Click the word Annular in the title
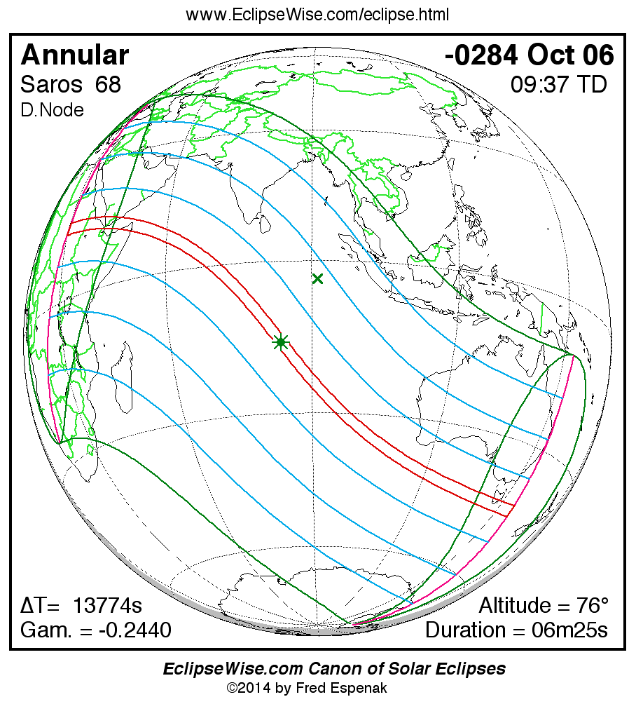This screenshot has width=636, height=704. (x=75, y=55)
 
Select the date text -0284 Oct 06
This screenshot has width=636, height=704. (x=529, y=55)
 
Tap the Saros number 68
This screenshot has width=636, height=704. (x=109, y=85)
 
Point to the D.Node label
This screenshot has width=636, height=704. (x=52, y=110)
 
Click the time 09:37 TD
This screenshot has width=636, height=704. (x=558, y=85)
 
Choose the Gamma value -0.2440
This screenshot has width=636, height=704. (x=134, y=630)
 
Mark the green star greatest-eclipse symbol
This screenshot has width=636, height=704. (x=281, y=342)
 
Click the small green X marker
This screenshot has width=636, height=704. (x=317, y=279)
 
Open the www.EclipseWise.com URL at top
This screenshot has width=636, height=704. (x=317, y=15)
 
